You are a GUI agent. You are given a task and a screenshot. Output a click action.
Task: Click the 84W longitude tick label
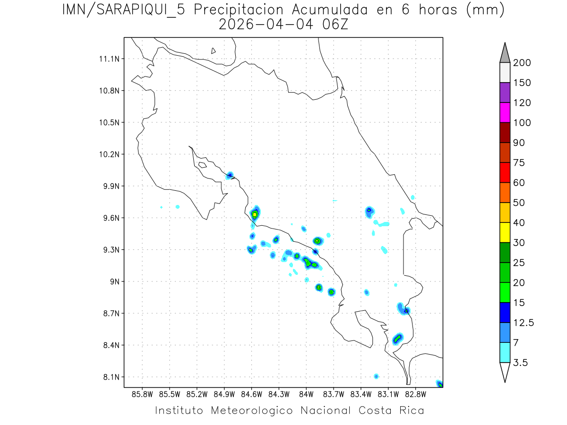[x=306, y=394]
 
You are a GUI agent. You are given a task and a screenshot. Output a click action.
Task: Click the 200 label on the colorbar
[x=522, y=63]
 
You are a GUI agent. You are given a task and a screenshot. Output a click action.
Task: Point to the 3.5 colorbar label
[x=520, y=363]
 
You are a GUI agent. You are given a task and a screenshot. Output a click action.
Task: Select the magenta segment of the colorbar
[x=505, y=112]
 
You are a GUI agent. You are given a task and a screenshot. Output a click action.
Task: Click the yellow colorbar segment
[x=505, y=232]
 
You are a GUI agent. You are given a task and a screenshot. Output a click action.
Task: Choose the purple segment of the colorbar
[x=505, y=93]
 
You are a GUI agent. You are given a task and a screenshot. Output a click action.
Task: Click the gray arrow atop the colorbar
[x=505, y=53]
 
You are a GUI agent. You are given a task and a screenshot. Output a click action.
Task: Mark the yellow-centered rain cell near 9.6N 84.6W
[x=255, y=214]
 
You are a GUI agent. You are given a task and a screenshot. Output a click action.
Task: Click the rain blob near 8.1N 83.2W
[x=376, y=376]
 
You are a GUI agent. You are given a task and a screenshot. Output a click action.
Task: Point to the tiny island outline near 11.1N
[x=214, y=51]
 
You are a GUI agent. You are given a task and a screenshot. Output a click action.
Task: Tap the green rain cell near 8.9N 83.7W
[x=331, y=292]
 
